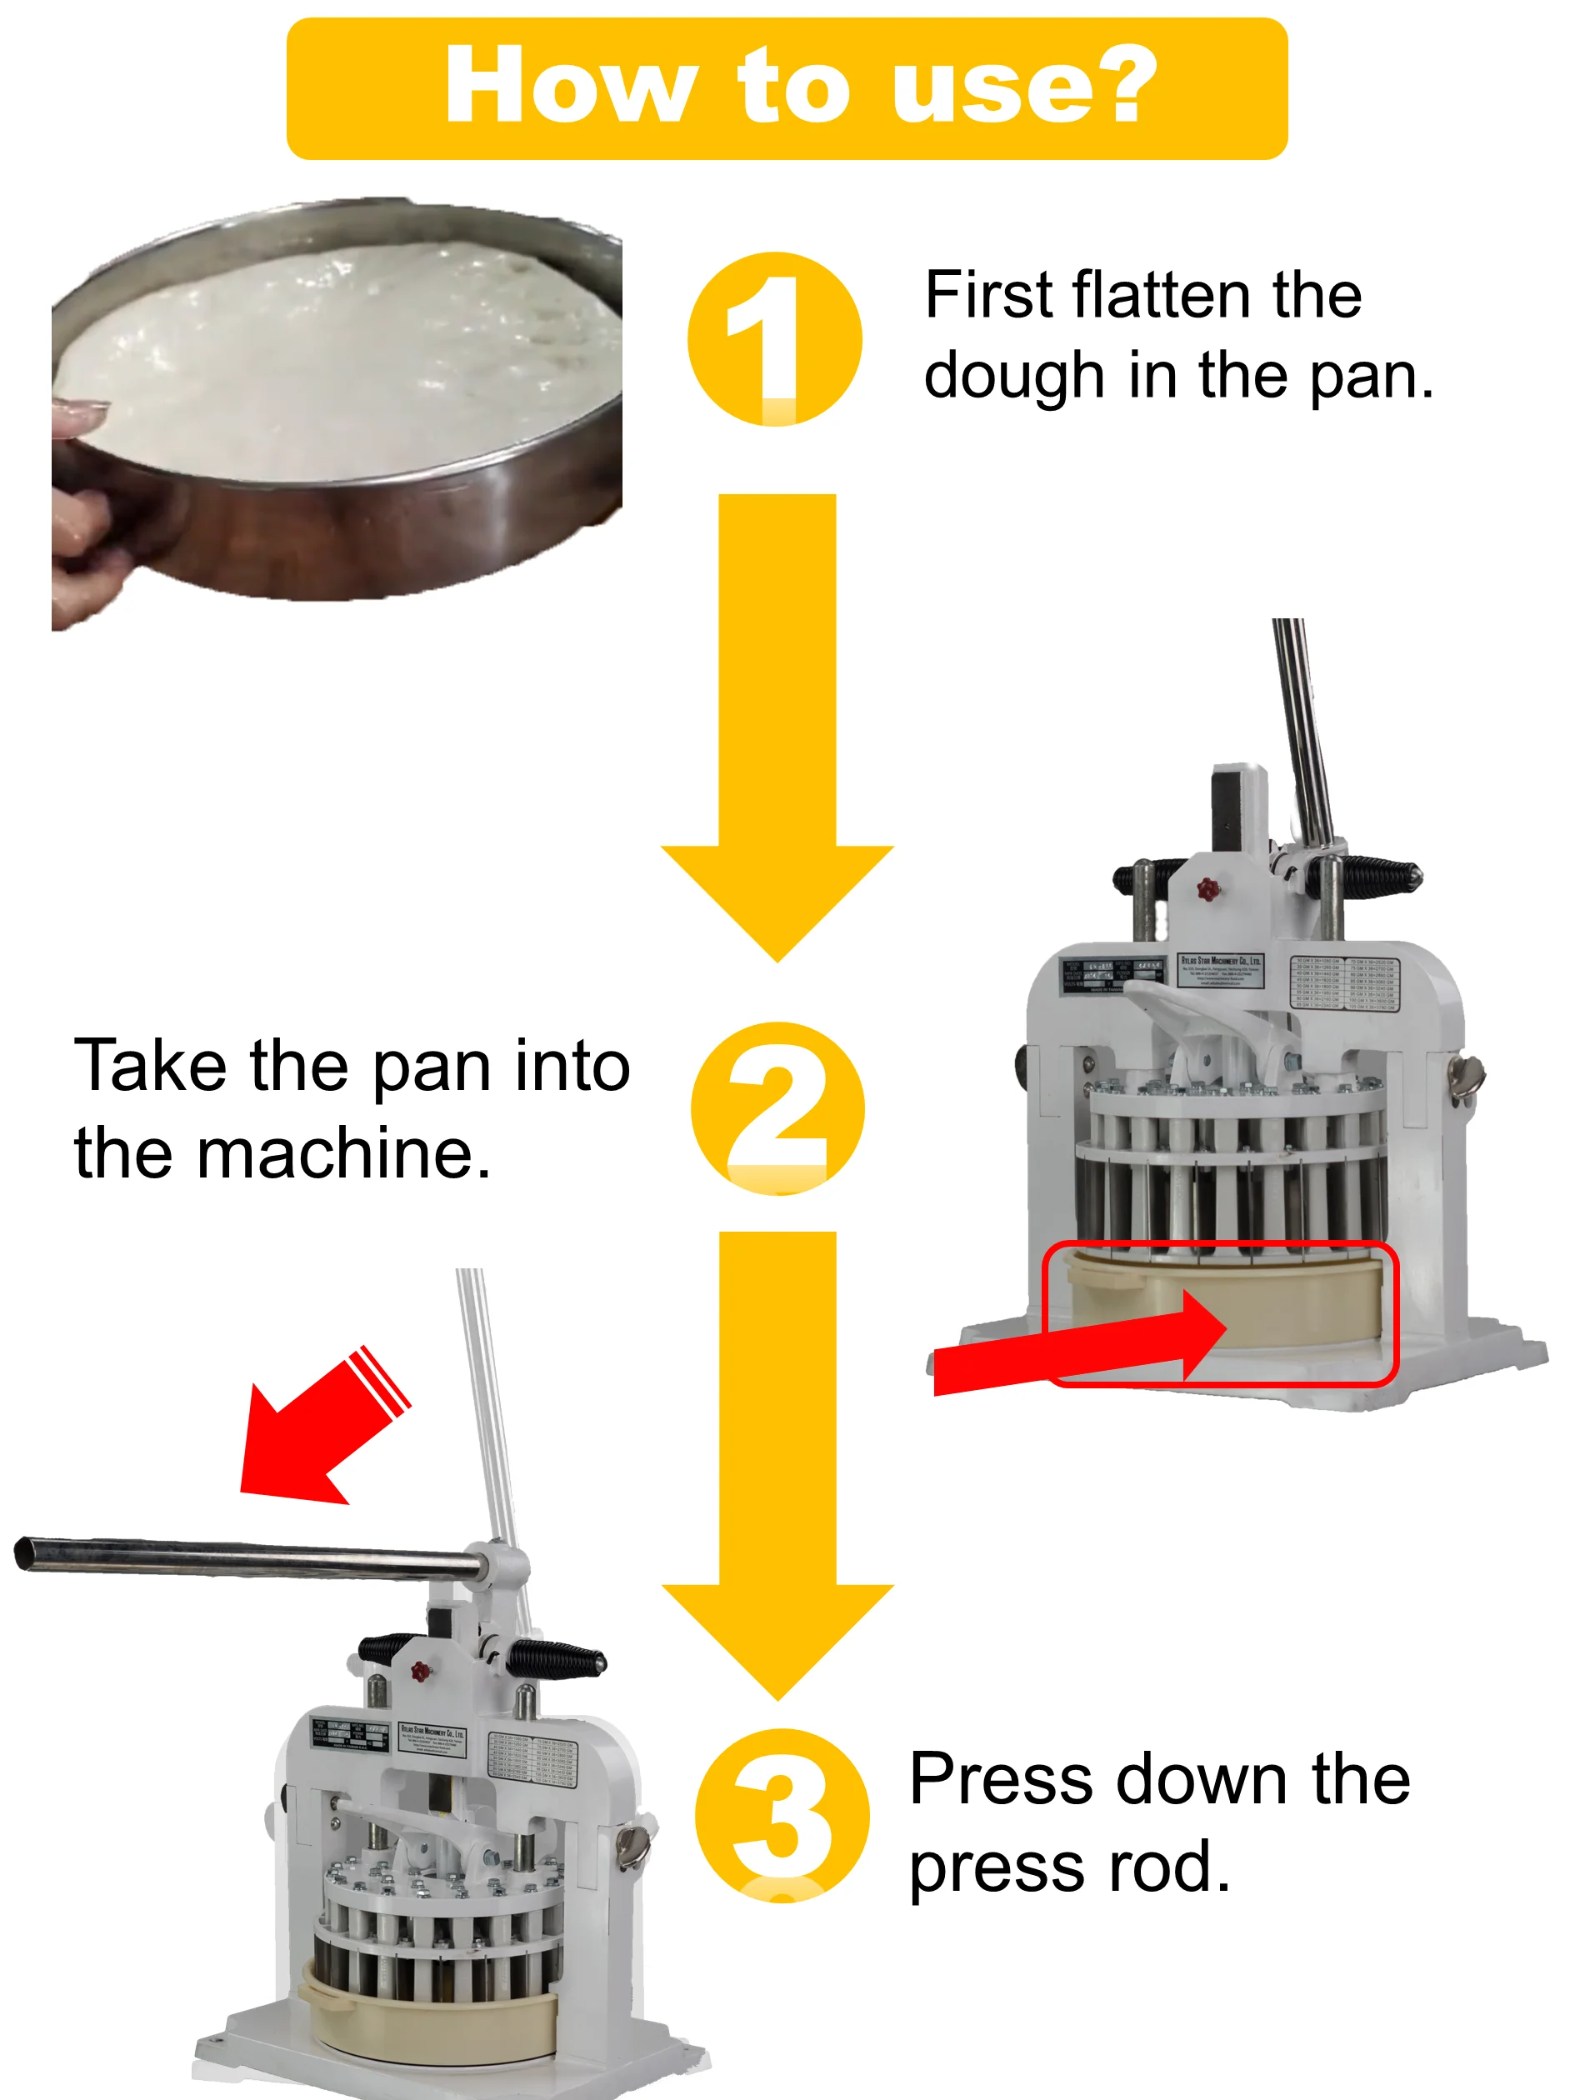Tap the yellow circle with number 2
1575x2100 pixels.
pos(777,1107)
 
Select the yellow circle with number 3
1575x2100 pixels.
pos(782,1815)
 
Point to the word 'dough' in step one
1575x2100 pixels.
pos(1014,376)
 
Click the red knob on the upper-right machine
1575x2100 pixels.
pos(1207,889)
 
